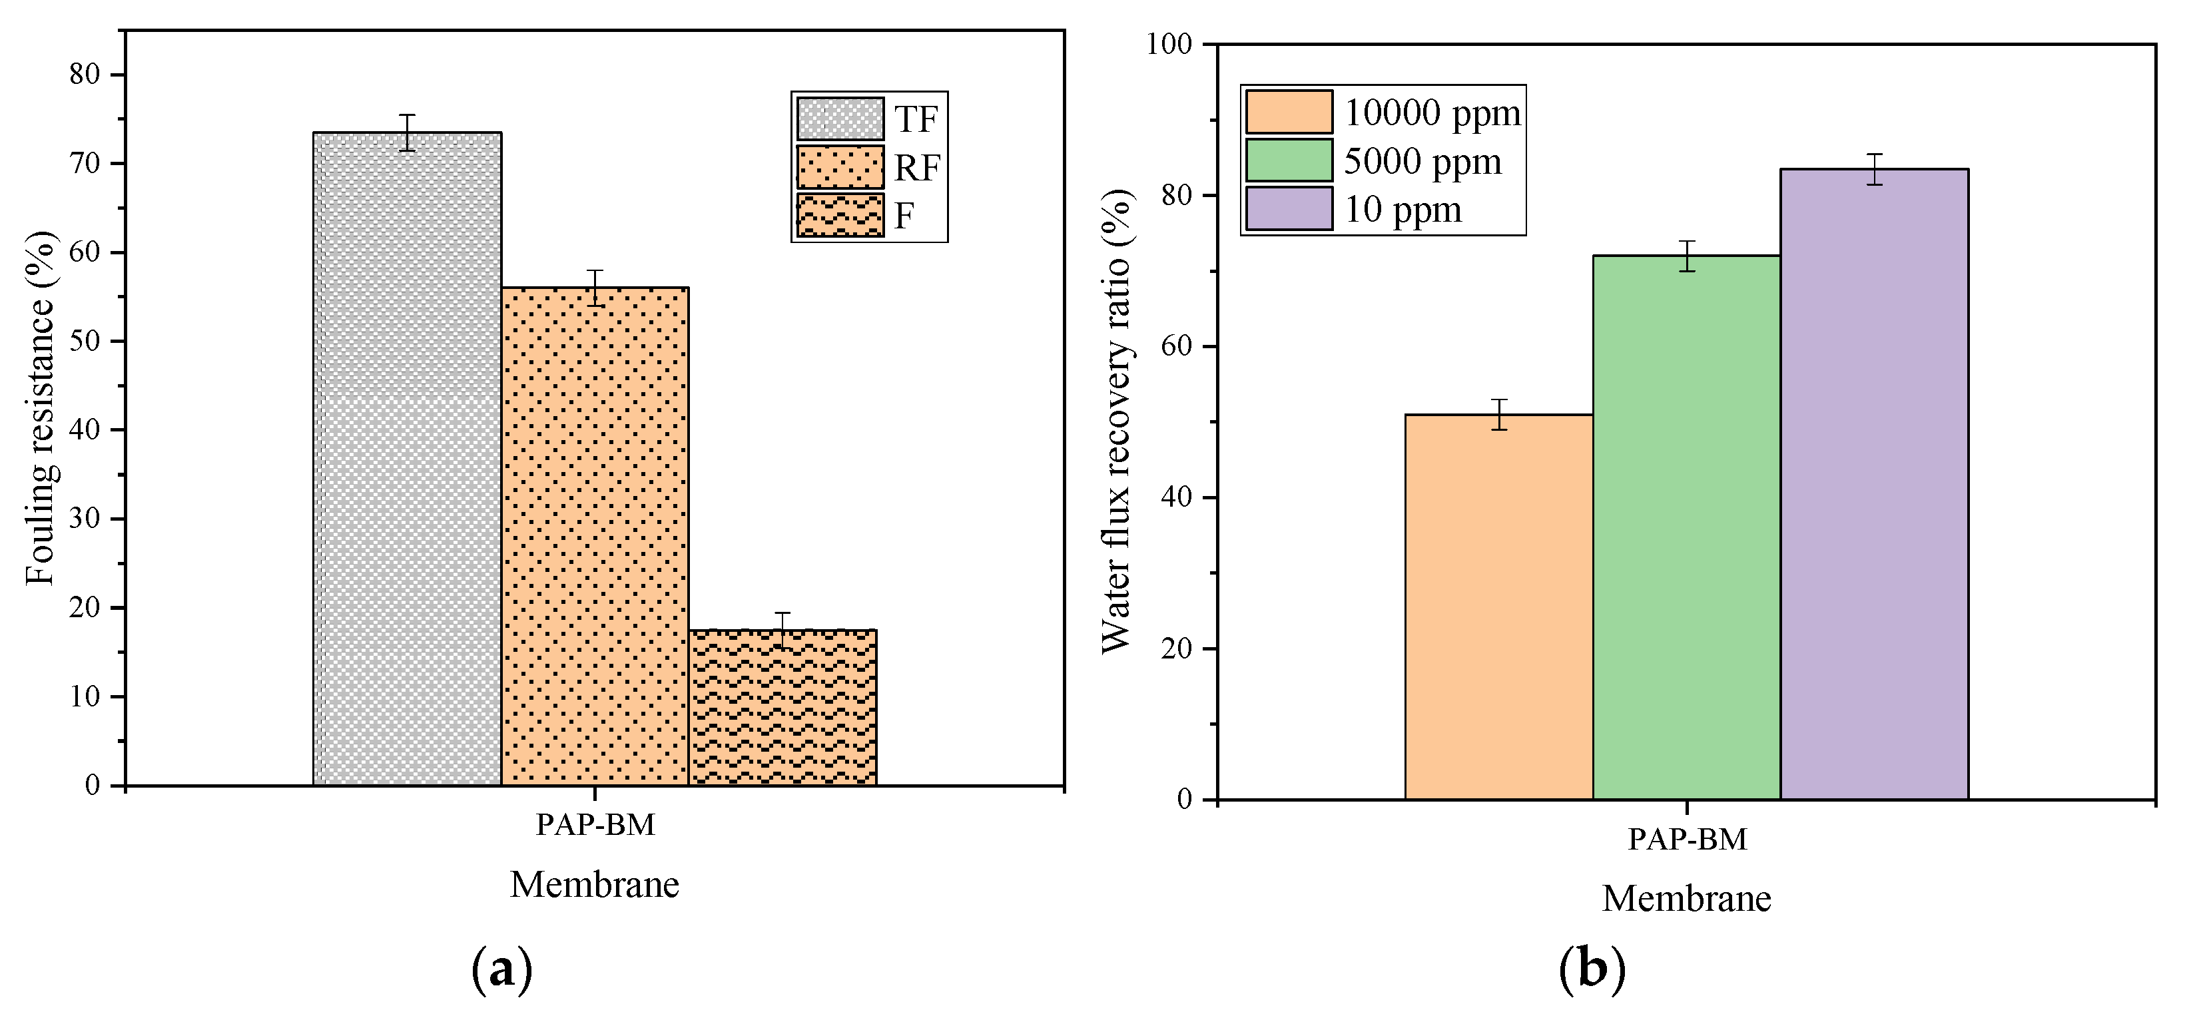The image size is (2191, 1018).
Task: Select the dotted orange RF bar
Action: pyautogui.click(x=595, y=536)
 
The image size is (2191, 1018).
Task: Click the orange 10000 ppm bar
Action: pyautogui.click(x=1498, y=607)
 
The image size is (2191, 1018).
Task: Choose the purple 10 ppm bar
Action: pyautogui.click(x=1874, y=485)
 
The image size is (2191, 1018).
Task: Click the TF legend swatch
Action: pyautogui.click(x=840, y=119)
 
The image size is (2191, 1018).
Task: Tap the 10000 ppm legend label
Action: pyautogui.click(x=1431, y=113)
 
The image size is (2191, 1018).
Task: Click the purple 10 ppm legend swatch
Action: pyautogui.click(x=1289, y=209)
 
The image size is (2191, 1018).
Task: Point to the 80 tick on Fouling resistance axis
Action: pyautogui.click(x=85, y=75)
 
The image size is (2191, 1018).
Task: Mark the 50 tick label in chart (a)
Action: pyautogui.click(x=85, y=341)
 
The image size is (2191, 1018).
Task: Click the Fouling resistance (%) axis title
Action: pyautogui.click(x=40, y=408)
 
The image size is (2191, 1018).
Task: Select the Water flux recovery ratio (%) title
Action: pyautogui.click(x=1117, y=421)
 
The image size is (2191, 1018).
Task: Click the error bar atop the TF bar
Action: pyautogui.click(x=408, y=132)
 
